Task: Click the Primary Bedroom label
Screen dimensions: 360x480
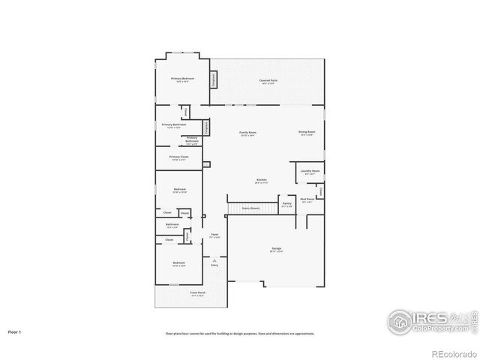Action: tap(182, 79)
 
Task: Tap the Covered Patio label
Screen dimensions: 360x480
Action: tap(269, 80)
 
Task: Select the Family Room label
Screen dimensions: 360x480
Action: tap(247, 133)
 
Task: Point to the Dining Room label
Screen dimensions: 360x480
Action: tap(307, 133)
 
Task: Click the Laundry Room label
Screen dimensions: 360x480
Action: tap(310, 172)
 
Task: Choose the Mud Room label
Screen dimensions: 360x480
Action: tap(307, 200)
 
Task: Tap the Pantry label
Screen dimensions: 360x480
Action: tap(286, 204)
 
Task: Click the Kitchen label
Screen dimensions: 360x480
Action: tap(262, 181)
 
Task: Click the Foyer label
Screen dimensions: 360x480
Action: tap(214, 235)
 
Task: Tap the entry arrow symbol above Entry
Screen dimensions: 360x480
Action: tap(214, 259)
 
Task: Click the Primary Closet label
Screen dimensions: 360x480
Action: tap(178, 157)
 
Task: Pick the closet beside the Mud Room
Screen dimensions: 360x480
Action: tap(320, 192)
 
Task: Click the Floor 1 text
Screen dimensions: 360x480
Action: tap(15, 331)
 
